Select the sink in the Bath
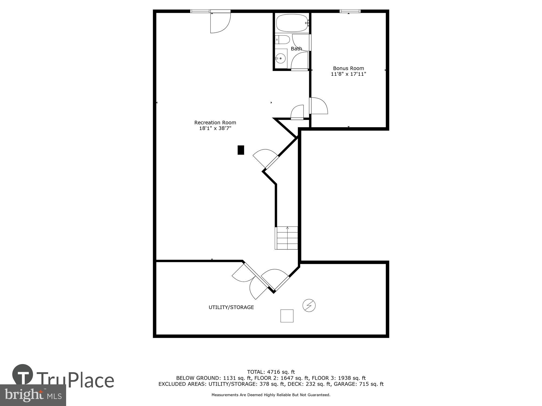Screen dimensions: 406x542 pos(281,58)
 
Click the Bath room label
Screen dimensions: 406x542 pos(296,49)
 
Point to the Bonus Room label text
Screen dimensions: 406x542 pos(348,68)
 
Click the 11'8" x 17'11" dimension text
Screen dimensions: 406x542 pos(348,74)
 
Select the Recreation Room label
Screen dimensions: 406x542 pos(215,122)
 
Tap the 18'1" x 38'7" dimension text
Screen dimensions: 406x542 pos(215,128)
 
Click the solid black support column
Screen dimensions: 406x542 pos(241,150)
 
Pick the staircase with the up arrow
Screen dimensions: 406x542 pos(287,238)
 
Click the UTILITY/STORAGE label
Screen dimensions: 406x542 pos(231,307)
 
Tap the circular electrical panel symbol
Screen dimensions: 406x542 pos(309,306)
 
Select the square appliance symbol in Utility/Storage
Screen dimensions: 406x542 pos(287,316)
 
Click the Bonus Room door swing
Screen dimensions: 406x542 pos(319,106)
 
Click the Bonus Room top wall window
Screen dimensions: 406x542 pos(350,11)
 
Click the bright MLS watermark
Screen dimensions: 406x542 pos(33,395)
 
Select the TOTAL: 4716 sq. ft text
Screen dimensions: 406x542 pos(271,372)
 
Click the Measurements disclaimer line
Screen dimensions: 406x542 pos(271,395)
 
